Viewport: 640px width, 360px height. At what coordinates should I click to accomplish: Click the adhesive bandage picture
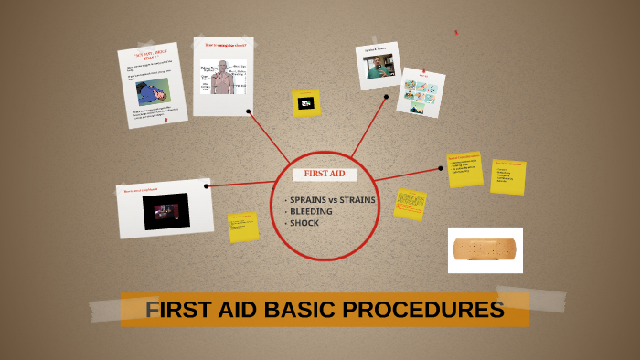pyautogui.click(x=485, y=249)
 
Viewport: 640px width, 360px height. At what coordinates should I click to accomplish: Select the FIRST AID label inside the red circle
pyautogui.click(x=325, y=174)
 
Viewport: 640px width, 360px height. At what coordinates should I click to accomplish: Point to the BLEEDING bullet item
pyautogui.click(x=311, y=211)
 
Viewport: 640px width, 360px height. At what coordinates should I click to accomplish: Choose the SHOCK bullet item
pyautogui.click(x=304, y=223)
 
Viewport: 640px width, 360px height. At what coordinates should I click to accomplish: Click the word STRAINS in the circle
pyautogui.click(x=357, y=199)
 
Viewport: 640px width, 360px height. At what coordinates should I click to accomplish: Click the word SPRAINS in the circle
pyautogui.click(x=307, y=199)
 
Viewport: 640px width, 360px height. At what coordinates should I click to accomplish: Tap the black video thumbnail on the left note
pyautogui.click(x=165, y=211)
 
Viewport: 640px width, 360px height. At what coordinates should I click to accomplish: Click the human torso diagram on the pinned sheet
pyautogui.click(x=222, y=79)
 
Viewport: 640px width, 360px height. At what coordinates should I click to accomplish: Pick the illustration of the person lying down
pyautogui.click(x=153, y=92)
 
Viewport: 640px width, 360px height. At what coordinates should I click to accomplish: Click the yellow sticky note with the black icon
pyautogui.click(x=306, y=103)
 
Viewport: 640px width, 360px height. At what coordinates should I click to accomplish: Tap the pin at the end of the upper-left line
pyautogui.click(x=249, y=111)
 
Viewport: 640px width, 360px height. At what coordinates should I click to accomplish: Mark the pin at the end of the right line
pyautogui.click(x=440, y=169)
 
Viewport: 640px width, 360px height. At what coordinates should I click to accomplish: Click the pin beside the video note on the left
pyautogui.click(x=207, y=186)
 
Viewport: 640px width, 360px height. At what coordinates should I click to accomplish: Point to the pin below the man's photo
pyautogui.click(x=386, y=96)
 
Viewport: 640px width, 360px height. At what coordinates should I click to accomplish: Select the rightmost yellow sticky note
pyautogui.click(x=507, y=176)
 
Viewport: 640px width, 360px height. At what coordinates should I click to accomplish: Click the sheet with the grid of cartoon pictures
pyautogui.click(x=421, y=92)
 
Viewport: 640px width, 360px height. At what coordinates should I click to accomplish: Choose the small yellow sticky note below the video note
pyautogui.click(x=243, y=227)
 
